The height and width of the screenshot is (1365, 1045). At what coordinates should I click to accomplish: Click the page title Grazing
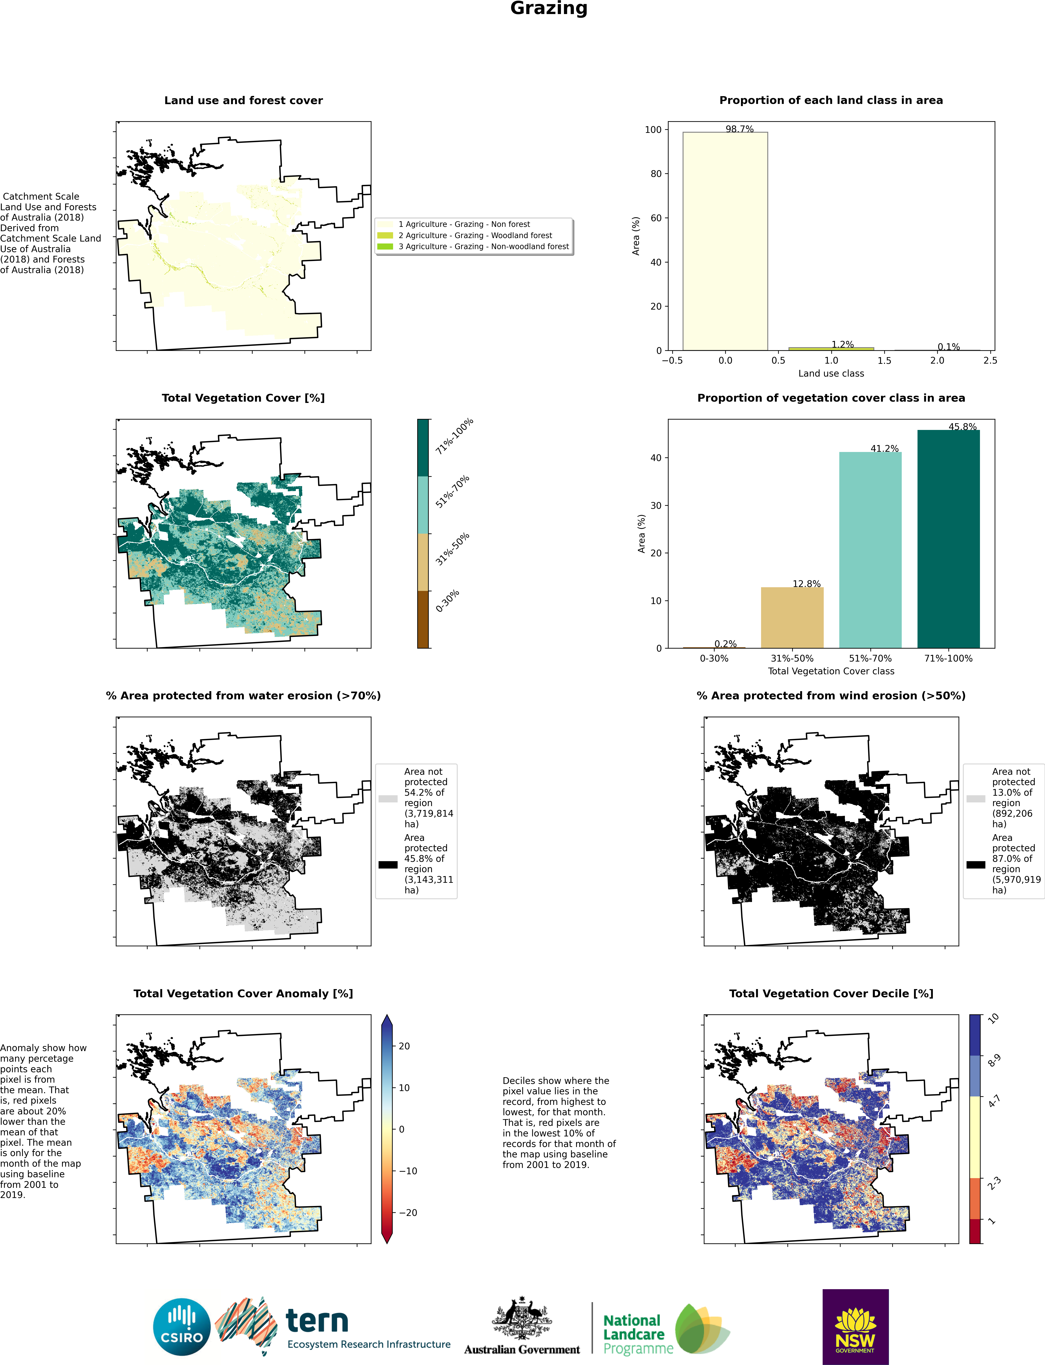click(x=549, y=9)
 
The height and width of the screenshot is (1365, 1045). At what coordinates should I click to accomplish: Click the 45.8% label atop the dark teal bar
click(x=962, y=427)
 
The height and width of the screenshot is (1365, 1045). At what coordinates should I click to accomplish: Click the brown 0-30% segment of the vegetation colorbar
click(x=423, y=619)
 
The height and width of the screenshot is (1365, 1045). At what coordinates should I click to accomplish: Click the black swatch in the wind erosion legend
click(x=975, y=864)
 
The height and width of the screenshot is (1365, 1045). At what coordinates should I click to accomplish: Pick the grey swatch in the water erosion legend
click(x=387, y=799)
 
